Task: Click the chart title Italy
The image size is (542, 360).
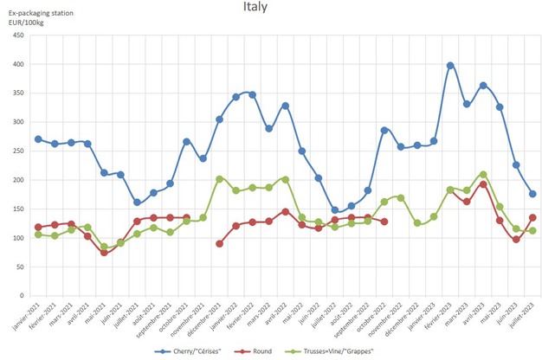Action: point(255,8)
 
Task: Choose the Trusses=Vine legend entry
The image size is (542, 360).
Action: point(345,351)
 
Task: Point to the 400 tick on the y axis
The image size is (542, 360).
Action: point(18,65)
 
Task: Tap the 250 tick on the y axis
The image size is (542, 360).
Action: point(18,151)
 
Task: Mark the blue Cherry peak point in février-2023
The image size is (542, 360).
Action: point(450,66)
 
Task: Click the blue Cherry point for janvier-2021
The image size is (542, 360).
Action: point(38,139)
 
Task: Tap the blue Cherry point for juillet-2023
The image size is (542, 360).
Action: point(532,194)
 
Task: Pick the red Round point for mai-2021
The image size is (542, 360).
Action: point(104,252)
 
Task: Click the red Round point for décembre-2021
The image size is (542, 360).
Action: point(219,243)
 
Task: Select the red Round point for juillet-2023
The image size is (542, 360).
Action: point(532,217)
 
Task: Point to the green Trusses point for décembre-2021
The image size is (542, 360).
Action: point(219,179)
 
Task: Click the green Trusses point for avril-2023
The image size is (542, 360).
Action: point(483,174)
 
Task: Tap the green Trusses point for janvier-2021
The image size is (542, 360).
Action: point(38,235)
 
